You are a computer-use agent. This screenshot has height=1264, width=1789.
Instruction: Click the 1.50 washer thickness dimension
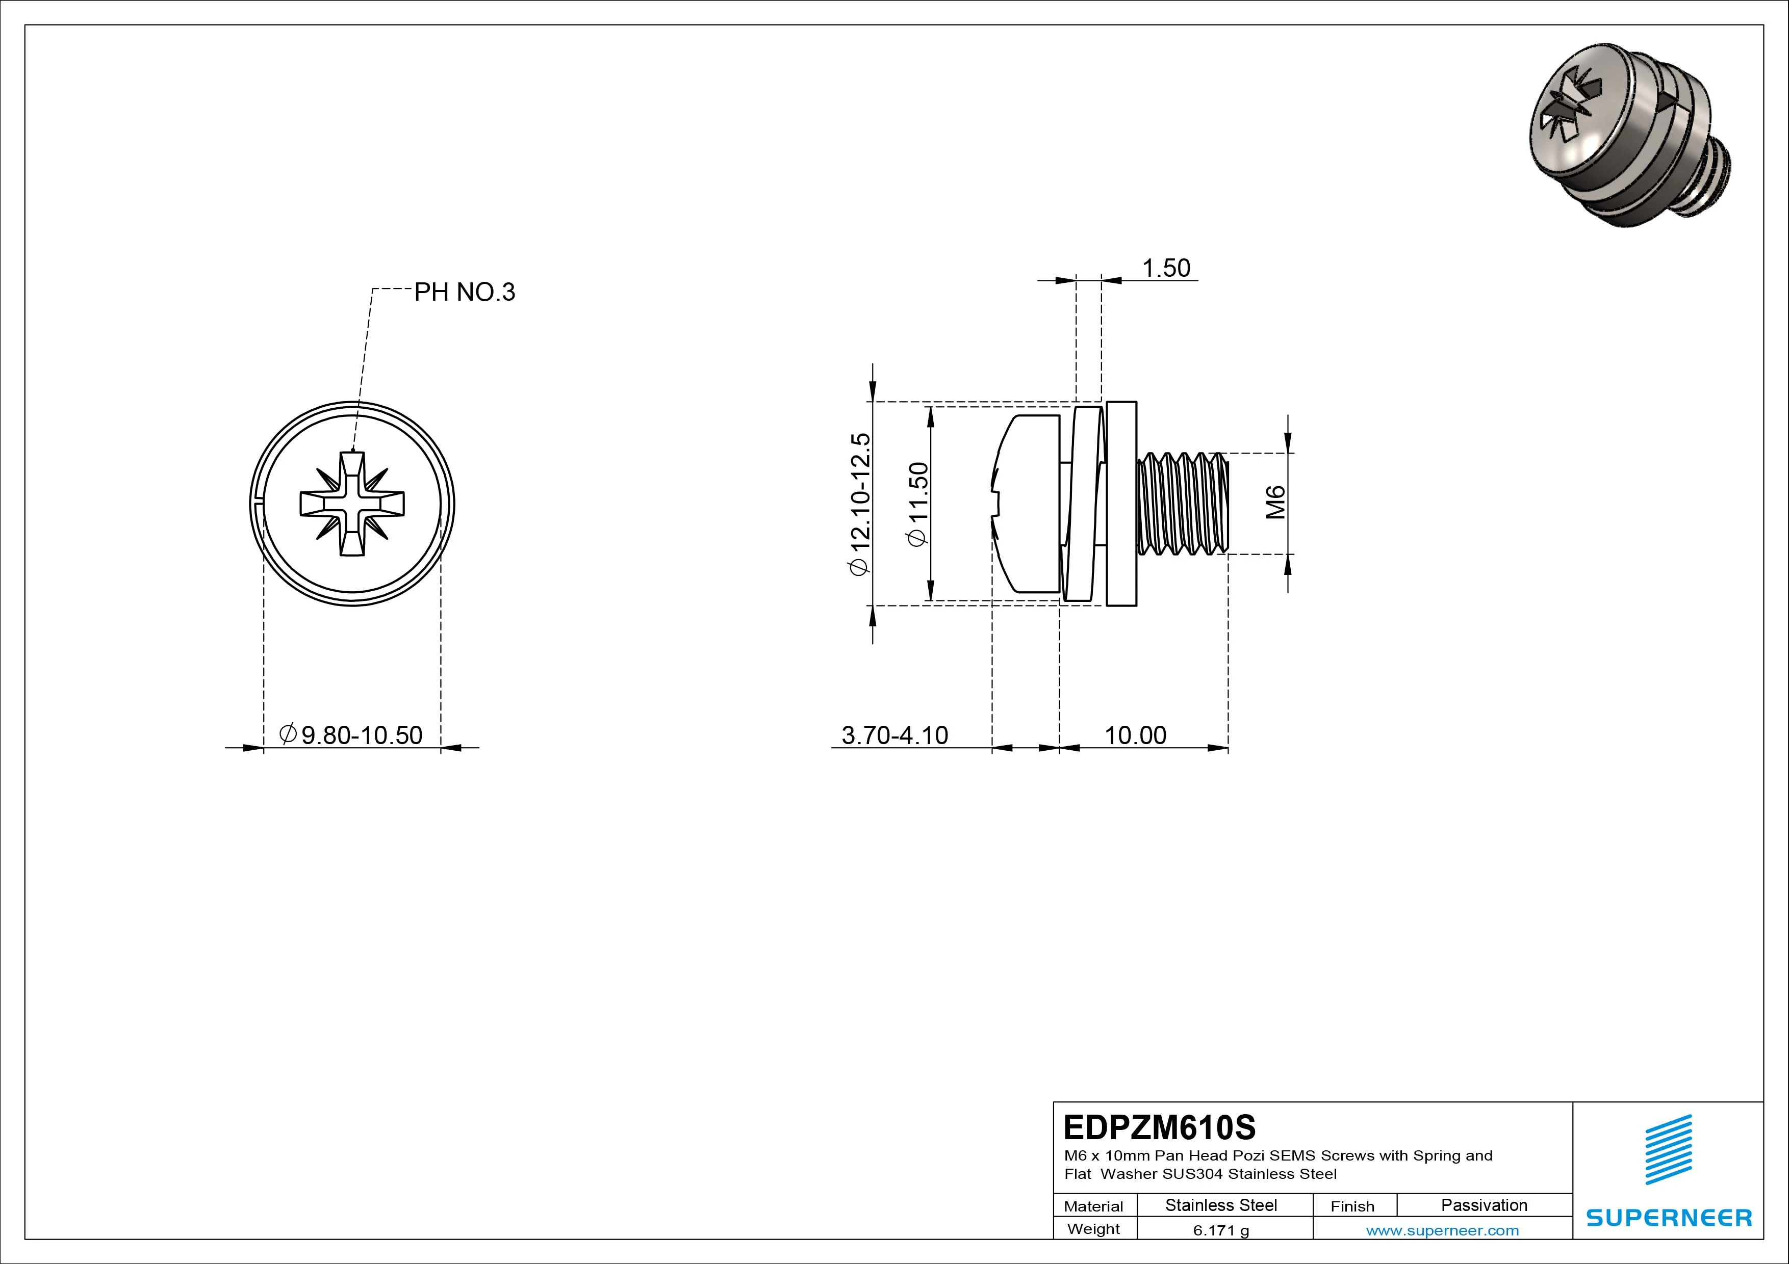(x=1166, y=268)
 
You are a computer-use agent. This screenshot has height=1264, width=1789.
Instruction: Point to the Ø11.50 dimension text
(x=919, y=505)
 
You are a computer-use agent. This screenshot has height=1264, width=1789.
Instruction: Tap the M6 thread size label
(x=1275, y=503)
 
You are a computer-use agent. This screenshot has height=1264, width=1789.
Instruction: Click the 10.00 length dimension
(x=1135, y=735)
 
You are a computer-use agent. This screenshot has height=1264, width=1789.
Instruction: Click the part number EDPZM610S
(x=1159, y=1127)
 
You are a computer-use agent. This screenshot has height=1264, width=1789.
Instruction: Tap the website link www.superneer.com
(x=1442, y=1230)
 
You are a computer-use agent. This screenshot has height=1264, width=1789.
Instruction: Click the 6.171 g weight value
(x=1221, y=1230)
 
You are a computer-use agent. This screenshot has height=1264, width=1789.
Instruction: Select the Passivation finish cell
(x=1484, y=1205)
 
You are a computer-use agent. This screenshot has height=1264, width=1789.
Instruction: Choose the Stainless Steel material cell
(x=1221, y=1205)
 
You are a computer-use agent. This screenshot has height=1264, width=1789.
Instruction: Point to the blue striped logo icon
(x=1668, y=1149)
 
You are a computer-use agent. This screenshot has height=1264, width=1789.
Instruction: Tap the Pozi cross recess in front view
(x=352, y=503)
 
